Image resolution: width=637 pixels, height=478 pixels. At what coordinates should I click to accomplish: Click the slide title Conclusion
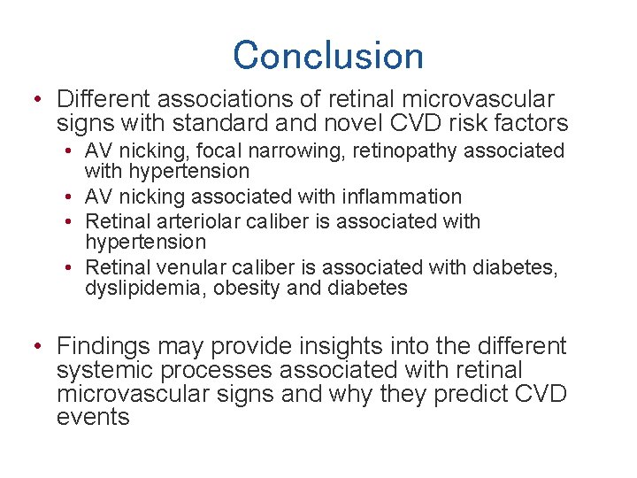(x=328, y=55)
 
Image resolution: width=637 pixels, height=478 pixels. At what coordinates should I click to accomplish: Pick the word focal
(x=211, y=151)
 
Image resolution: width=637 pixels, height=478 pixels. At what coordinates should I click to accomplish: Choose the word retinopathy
(x=400, y=151)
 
